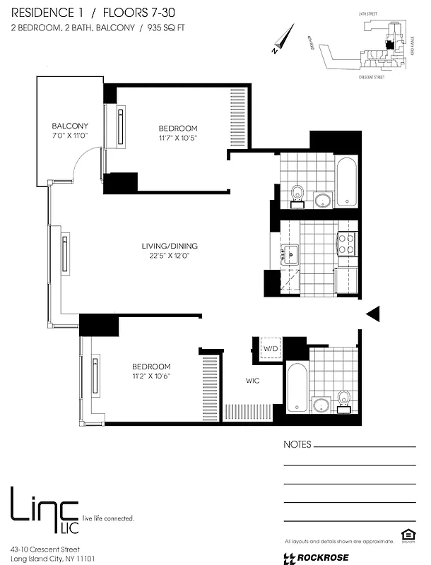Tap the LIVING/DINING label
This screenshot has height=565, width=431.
[170, 246]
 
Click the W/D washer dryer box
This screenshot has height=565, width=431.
[271, 349]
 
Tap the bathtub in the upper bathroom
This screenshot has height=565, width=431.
[347, 182]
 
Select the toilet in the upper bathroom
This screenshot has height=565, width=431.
[297, 192]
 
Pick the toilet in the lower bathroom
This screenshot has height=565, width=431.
[344, 400]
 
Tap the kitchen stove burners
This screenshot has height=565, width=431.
[346, 244]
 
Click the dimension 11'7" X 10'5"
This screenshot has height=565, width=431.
[178, 138]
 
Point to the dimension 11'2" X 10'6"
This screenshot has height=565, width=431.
[151, 376]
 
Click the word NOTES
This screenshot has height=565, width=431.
[297, 445]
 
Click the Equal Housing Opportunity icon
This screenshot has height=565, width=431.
[406, 534]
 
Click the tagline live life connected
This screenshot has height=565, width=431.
[108, 518]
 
